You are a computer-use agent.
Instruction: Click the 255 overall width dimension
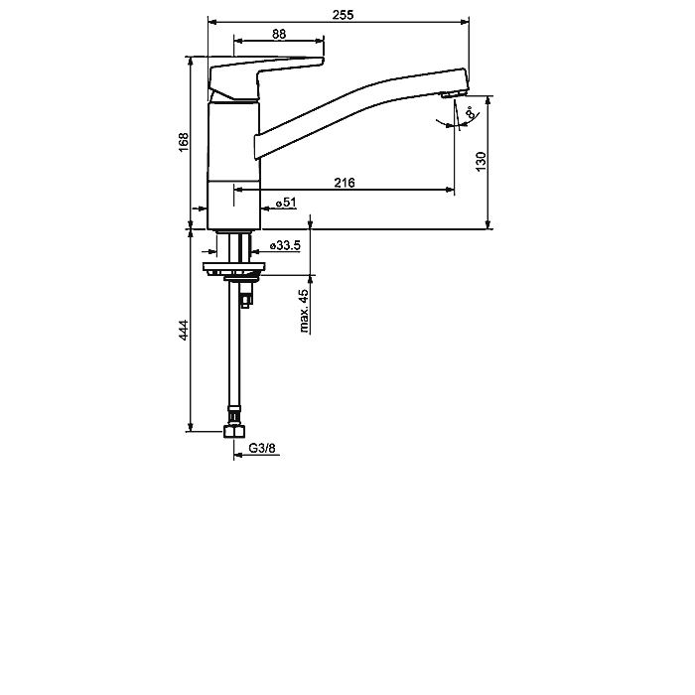[344, 15]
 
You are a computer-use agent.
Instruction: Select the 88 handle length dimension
[279, 34]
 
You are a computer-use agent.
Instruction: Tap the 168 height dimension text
[184, 142]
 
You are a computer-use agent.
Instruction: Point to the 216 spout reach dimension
[345, 182]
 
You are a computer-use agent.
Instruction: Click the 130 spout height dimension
[481, 162]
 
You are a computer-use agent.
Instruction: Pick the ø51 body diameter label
[286, 203]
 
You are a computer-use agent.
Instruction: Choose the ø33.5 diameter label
[286, 245]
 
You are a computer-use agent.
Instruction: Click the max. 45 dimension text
[304, 311]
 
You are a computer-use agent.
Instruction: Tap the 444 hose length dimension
[184, 331]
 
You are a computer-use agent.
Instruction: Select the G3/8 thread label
[262, 448]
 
